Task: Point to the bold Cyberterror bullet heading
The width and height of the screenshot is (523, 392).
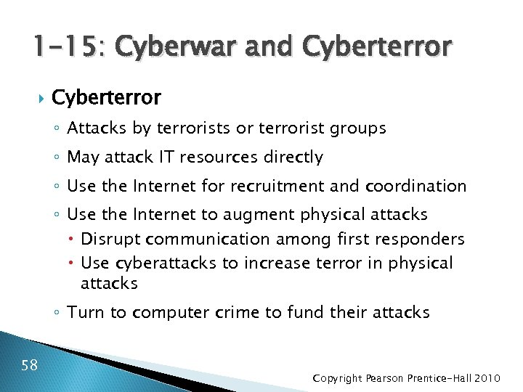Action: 107,97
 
